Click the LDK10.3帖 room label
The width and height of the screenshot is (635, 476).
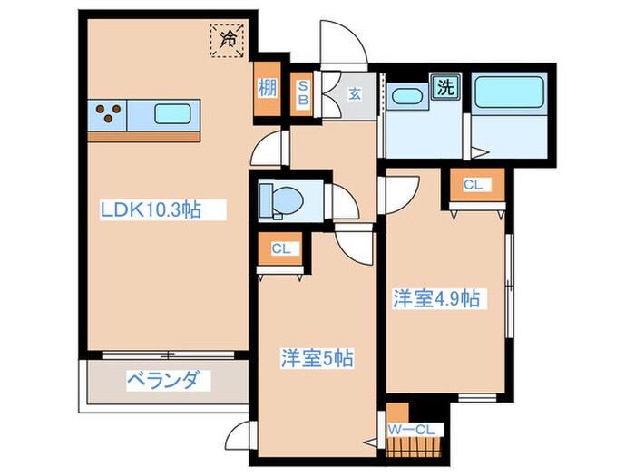(150, 210)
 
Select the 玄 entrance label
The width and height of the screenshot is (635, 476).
(356, 91)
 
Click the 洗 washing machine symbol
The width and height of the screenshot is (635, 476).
(445, 87)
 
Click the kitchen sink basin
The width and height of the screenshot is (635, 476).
(172, 114)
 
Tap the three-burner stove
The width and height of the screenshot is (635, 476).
(109, 115)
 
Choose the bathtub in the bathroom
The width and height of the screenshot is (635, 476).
(508, 91)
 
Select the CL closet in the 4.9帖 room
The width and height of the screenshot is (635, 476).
(472, 186)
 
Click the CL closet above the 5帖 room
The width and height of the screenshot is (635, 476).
(280, 248)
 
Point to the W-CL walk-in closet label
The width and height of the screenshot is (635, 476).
(415, 428)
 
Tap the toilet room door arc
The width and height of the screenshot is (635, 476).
(344, 198)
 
